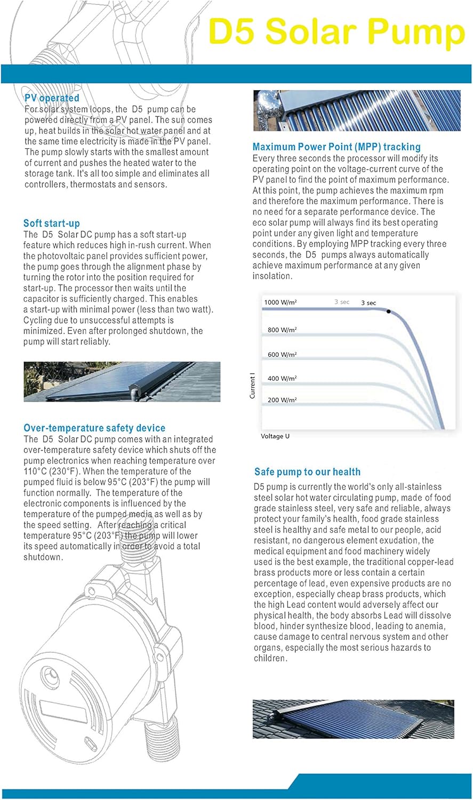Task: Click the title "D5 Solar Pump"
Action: pos(336,32)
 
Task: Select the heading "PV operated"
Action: pos(52,98)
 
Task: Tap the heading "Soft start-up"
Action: pos(51,223)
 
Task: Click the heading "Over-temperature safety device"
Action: pos(94,428)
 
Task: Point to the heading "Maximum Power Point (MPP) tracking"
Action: pos(336,147)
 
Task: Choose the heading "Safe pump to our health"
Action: pos(307,472)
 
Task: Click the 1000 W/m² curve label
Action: pos(280,302)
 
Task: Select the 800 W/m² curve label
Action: pos(282,330)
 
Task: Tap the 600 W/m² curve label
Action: pos(282,355)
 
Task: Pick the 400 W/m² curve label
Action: pos(282,378)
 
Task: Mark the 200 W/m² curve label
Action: pos(282,400)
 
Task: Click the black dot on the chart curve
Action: pos(389,311)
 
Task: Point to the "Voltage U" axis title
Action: pos(275,436)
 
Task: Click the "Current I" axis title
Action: pos(253,386)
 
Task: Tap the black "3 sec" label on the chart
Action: pos(368,303)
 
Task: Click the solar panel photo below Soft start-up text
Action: pos(122,381)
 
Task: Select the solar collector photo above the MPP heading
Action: pos(357,110)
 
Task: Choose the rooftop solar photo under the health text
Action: pos(353,719)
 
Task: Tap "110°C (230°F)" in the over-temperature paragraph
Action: pos(51,471)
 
